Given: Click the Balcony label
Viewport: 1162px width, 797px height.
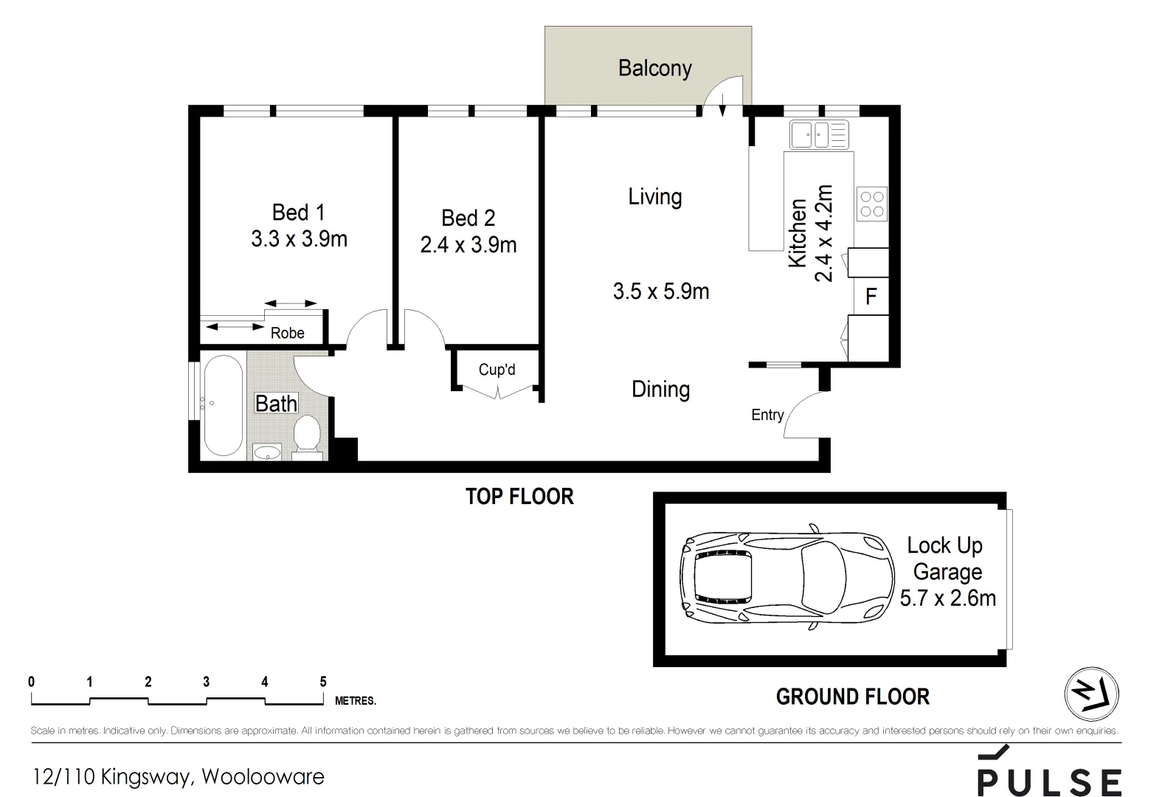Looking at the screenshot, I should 654,69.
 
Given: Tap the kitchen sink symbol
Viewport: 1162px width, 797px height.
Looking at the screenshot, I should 819,135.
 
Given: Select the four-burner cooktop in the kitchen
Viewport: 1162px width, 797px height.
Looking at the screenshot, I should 871,204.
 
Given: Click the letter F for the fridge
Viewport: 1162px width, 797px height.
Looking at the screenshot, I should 871,297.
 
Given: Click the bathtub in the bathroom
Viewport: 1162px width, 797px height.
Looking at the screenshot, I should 223,406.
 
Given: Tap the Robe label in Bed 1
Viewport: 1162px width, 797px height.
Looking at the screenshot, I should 287,333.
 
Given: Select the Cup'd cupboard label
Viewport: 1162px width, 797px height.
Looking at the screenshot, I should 497,369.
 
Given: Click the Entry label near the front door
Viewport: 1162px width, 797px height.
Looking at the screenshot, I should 767,415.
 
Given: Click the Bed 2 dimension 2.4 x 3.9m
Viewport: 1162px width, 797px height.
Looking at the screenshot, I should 468,244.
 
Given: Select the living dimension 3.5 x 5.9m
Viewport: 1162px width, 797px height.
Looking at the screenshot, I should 660,291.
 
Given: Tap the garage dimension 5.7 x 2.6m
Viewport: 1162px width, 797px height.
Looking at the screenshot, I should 947,598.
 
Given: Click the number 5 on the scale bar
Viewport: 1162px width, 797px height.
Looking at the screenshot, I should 322,682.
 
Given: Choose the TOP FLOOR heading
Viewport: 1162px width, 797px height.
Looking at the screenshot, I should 519,497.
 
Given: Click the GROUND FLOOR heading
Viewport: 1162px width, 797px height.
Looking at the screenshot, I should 852,697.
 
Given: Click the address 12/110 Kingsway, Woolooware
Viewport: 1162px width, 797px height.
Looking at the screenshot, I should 178,776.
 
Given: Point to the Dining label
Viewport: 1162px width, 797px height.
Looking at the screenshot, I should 660,389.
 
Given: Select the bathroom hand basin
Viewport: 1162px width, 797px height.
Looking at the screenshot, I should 267,452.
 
